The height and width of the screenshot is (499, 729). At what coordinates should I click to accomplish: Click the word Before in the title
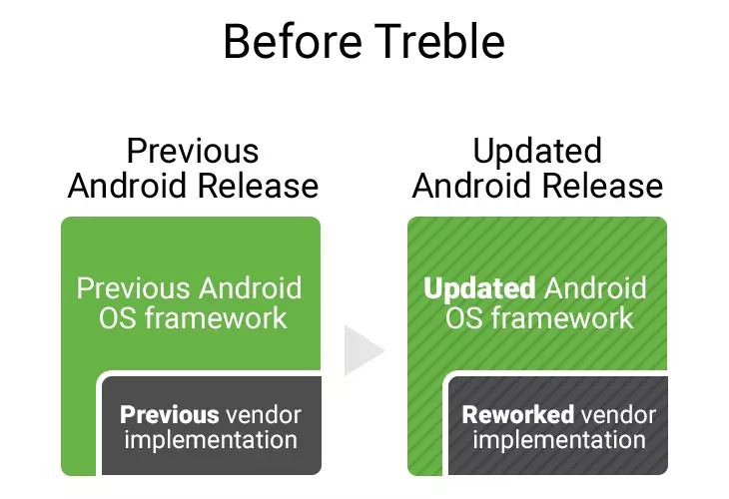pyautogui.click(x=293, y=41)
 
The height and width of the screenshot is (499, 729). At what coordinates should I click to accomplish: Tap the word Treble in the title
pyautogui.click(x=439, y=41)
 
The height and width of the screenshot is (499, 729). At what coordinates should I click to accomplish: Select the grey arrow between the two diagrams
pyautogui.click(x=364, y=350)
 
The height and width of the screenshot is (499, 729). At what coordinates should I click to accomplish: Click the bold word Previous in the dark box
pyautogui.click(x=169, y=414)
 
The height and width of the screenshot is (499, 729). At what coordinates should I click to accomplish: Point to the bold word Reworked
pyautogui.click(x=518, y=414)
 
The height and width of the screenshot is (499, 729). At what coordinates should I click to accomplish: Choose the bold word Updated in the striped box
pyautogui.click(x=479, y=289)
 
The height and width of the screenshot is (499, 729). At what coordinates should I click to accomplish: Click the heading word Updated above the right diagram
pyautogui.click(x=537, y=152)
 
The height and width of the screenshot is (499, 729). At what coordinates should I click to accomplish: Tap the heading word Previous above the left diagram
pyautogui.click(x=193, y=151)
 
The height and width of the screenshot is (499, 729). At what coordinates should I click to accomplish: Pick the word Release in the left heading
pyautogui.click(x=258, y=186)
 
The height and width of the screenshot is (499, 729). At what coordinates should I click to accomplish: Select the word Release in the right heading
pyautogui.click(x=602, y=186)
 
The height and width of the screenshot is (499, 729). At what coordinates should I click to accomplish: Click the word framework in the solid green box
pyautogui.click(x=216, y=318)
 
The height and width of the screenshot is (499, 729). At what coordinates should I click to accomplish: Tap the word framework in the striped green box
pyautogui.click(x=562, y=318)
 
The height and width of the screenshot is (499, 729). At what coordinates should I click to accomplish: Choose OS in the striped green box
pyautogui.click(x=464, y=318)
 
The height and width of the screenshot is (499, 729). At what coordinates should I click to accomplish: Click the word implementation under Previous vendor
pyautogui.click(x=211, y=439)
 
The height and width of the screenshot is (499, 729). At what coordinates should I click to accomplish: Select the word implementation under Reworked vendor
pyautogui.click(x=559, y=439)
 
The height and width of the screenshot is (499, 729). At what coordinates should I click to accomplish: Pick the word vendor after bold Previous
pyautogui.click(x=264, y=414)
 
